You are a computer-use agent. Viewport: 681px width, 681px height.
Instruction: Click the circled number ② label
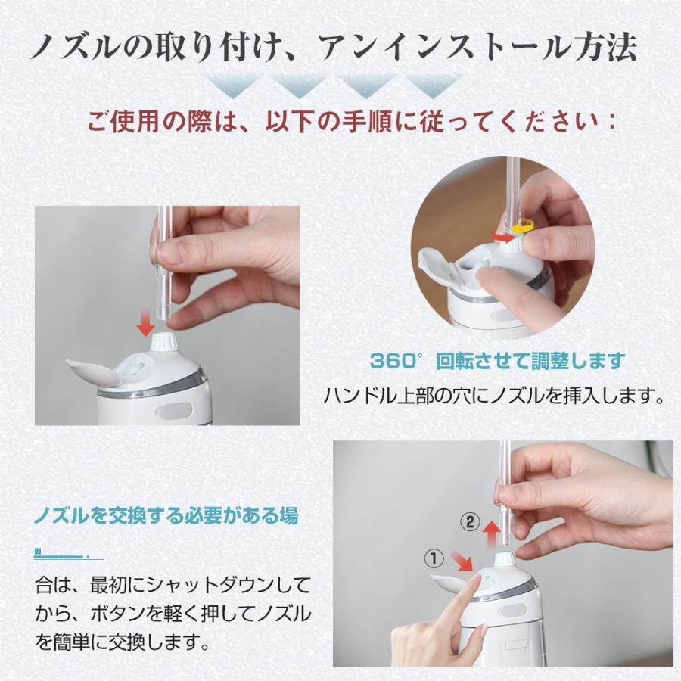click(470, 522)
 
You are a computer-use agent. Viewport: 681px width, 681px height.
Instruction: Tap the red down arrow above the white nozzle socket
click(146, 323)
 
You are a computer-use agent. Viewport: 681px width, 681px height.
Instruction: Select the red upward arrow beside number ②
click(491, 535)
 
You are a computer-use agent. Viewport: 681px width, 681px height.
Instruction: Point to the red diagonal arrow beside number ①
click(462, 562)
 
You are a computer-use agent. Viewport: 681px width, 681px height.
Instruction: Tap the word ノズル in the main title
click(76, 48)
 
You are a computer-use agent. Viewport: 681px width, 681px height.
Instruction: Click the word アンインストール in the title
click(443, 48)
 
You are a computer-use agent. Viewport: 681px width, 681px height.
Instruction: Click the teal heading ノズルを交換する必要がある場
click(166, 516)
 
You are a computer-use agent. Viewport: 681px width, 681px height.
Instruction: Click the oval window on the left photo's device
click(175, 410)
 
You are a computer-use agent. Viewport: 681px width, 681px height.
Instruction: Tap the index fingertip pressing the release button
click(477, 580)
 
